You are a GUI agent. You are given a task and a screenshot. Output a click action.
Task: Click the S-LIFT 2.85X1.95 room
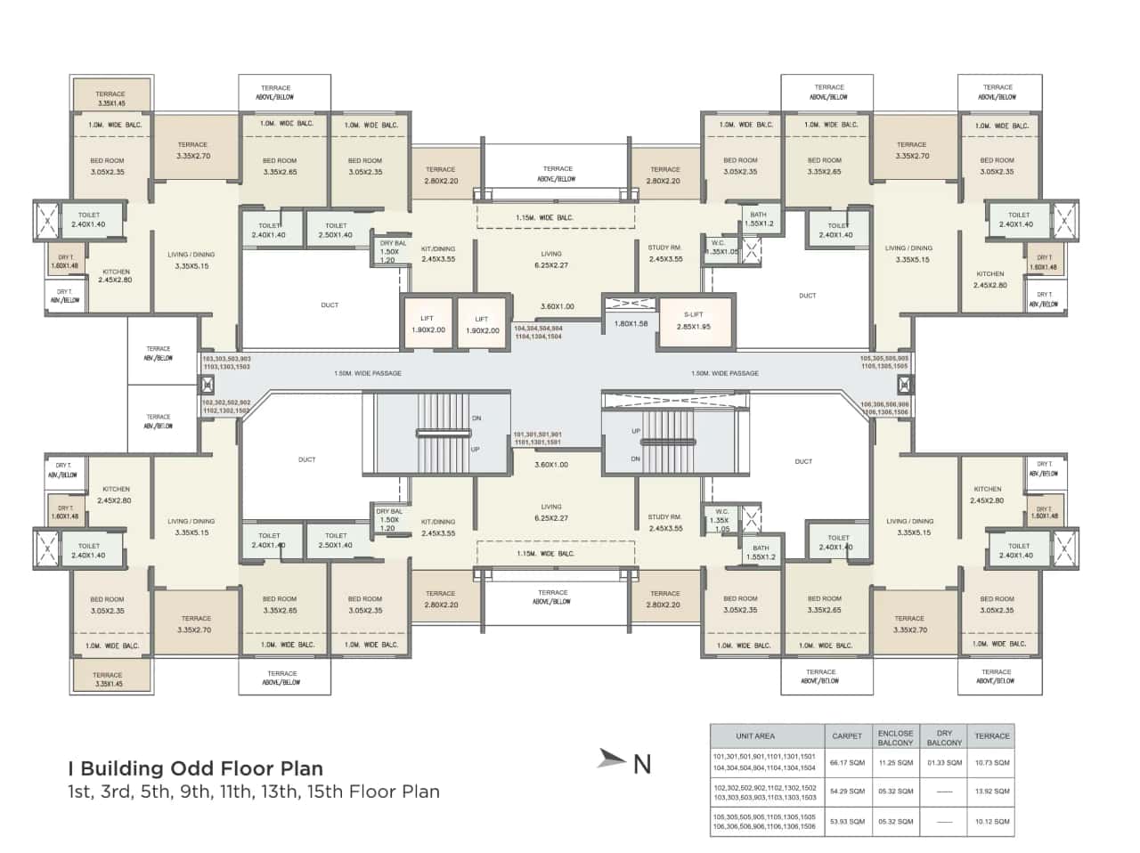pyautogui.click(x=694, y=321)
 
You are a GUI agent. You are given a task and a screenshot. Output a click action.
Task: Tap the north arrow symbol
pyautogui.click(x=613, y=758)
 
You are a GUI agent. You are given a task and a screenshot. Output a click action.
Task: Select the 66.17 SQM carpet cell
pyautogui.click(x=847, y=762)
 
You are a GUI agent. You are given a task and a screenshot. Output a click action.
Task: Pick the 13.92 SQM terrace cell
pyautogui.click(x=991, y=792)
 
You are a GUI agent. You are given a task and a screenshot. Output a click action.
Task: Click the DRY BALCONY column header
pyautogui.click(x=944, y=737)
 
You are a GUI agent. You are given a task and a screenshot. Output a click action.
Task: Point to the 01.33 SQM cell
pyautogui.click(x=944, y=762)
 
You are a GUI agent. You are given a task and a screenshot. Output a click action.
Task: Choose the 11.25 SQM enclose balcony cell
pyautogui.click(x=895, y=762)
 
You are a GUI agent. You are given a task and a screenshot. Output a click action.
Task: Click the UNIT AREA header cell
pyautogui.click(x=755, y=736)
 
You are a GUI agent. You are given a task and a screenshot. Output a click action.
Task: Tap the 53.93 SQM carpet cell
pyautogui.click(x=847, y=821)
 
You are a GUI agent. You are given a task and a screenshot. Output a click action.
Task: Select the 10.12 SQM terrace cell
pyautogui.click(x=991, y=821)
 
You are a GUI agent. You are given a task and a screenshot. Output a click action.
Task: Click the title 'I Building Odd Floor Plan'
pyautogui.click(x=196, y=768)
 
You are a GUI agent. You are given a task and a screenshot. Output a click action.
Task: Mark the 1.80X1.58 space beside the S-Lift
pyautogui.click(x=631, y=323)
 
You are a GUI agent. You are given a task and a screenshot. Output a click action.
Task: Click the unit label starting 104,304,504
pyautogui.click(x=538, y=332)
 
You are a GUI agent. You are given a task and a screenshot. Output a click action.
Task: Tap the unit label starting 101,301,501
pyautogui.click(x=537, y=438)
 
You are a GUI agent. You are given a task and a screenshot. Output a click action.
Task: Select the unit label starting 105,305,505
pyautogui.click(x=883, y=362)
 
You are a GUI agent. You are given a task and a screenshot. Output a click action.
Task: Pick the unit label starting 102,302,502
pyautogui.click(x=226, y=406)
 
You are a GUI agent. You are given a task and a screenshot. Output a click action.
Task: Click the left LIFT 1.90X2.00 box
pyautogui.click(x=427, y=324)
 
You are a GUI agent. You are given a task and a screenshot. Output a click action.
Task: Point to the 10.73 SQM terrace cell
pyautogui.click(x=991, y=762)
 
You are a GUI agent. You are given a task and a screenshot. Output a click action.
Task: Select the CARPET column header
pyautogui.click(x=847, y=736)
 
